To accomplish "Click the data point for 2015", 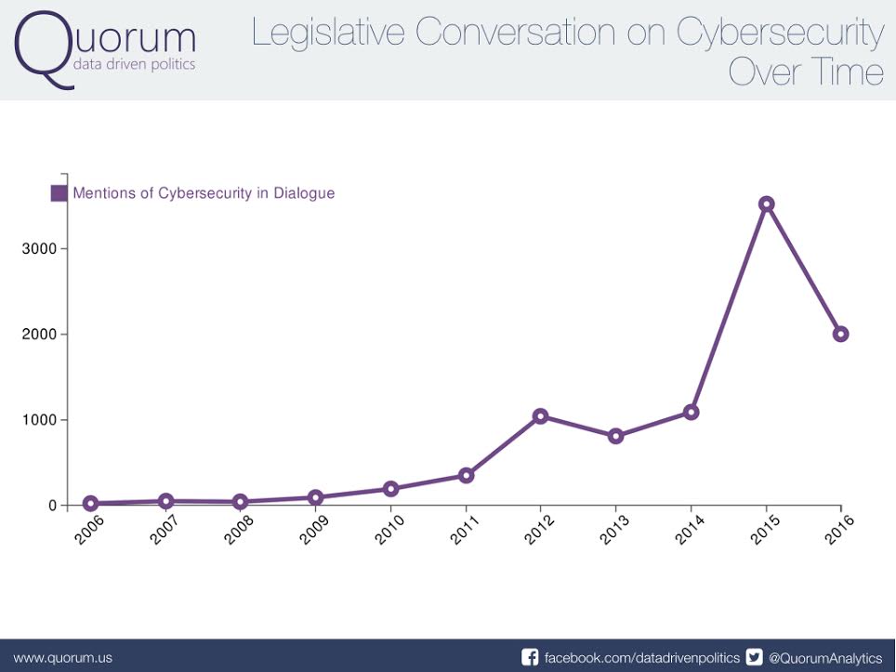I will tap(766, 204).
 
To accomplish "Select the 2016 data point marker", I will tap(840, 335).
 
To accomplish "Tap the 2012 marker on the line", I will tap(540, 415).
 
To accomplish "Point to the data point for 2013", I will tap(615, 436).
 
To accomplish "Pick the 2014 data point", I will tap(691, 412).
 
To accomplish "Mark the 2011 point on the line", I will tap(466, 475).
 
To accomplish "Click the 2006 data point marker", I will tap(90, 504).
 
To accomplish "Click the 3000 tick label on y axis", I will tap(40, 249).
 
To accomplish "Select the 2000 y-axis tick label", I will tap(40, 335).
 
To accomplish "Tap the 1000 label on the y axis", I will tap(40, 420).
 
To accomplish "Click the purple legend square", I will tap(59, 193).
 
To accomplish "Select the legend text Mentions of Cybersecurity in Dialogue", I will tap(204, 193).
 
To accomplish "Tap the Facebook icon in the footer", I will tap(530, 657).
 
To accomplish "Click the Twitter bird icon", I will tap(755, 657).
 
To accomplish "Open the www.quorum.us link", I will tap(63, 657).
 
